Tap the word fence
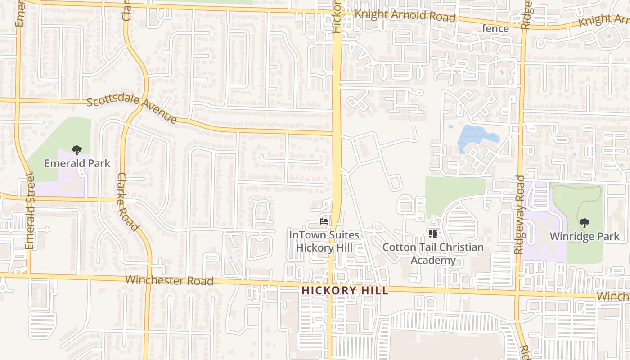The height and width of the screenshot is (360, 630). coord(495,29)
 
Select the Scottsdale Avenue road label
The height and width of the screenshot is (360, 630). coord(131,109)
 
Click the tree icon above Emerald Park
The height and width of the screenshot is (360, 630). coord(77,150)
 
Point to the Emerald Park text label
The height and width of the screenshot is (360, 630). coord(77,163)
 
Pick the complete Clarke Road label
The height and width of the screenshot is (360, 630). coord(128,202)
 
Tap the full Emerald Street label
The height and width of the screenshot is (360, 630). coord(30,211)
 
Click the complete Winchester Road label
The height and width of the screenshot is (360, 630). coord(169,280)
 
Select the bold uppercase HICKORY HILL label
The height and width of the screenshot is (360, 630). coord(345,291)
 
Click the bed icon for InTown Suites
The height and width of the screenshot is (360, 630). coord(324,221)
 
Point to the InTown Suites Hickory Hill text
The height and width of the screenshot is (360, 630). coord(324,241)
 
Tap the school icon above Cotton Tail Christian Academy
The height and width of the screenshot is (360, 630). coord(433,234)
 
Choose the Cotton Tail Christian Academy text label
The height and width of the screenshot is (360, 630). coord(433,254)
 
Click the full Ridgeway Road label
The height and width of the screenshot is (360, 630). coord(519,215)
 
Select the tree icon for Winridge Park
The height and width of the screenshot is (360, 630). coord(584,223)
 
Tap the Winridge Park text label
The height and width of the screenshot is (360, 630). coord(584,236)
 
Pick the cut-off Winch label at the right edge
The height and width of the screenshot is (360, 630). coord(613,296)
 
